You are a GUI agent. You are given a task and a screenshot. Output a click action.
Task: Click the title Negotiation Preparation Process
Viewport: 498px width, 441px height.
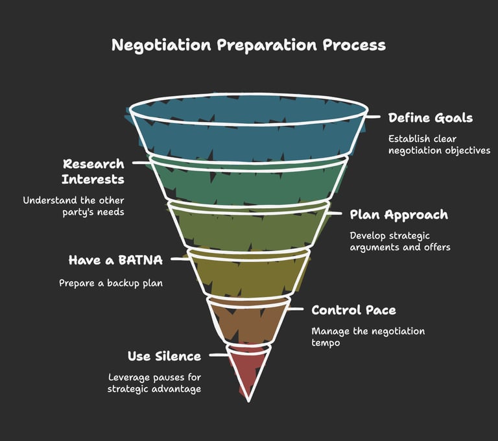[248, 45]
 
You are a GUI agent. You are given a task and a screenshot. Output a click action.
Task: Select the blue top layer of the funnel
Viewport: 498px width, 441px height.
[248, 133]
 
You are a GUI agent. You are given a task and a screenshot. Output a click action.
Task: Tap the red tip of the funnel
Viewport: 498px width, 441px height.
[248, 370]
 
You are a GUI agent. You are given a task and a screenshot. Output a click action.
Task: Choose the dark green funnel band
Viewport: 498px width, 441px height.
[248, 182]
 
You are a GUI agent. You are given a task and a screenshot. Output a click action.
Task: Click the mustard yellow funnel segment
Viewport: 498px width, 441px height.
[248, 276]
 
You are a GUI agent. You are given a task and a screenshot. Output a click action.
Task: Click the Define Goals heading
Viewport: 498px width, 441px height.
[430, 118]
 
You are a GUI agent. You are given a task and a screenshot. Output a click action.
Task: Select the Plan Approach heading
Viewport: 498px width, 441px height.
[398, 215]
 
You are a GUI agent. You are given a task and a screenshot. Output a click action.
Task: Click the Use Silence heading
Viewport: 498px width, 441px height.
[164, 357]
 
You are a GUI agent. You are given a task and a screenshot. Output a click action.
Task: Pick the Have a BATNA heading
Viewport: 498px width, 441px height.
[115, 261]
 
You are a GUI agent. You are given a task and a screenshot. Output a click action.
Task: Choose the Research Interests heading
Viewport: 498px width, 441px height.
[93, 171]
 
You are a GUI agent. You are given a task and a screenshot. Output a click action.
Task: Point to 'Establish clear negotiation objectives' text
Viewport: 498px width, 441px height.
[439, 145]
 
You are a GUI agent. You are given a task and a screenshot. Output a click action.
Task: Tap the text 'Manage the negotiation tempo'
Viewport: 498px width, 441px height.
[368, 337]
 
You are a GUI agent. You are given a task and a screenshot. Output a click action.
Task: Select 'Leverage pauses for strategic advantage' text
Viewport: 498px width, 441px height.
[154, 383]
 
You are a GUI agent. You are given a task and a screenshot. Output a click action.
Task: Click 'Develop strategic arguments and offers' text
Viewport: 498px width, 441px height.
[399, 241]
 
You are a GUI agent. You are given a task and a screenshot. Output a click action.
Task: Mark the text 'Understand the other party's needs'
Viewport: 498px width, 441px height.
[73, 206]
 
